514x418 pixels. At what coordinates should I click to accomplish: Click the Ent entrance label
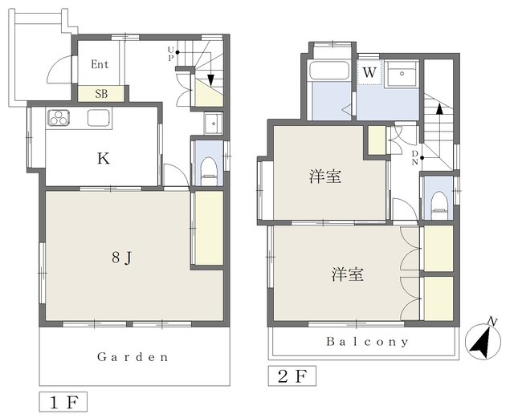[x=100, y=65]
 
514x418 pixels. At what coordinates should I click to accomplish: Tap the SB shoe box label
[x=102, y=93]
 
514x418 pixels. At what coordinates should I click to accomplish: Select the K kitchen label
[x=104, y=158]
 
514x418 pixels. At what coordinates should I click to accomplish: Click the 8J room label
[x=121, y=258]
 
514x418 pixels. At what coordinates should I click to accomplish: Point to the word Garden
[x=133, y=357]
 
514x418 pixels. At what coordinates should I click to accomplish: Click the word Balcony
[x=367, y=341]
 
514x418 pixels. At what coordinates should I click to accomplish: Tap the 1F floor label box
[x=62, y=400]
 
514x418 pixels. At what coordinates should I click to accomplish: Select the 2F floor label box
[x=292, y=375]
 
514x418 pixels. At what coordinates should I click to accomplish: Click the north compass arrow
[x=482, y=341]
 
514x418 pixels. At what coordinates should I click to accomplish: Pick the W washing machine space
[x=369, y=72]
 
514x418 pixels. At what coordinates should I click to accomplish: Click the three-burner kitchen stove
[x=60, y=119]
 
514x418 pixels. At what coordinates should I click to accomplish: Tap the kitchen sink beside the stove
[x=97, y=119]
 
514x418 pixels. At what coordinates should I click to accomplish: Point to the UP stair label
[x=170, y=54]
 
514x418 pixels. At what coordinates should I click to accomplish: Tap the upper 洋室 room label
[x=324, y=177]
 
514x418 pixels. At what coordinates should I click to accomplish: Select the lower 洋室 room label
[x=347, y=274]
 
